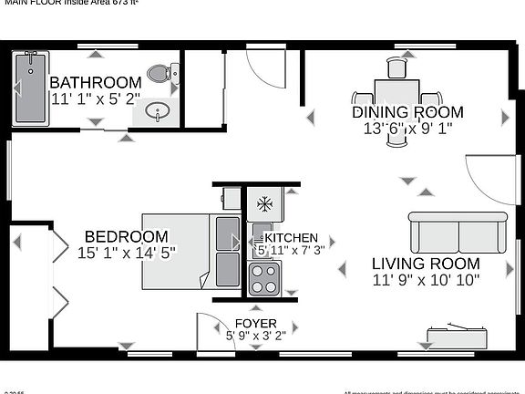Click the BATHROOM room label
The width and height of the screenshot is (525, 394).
click(x=96, y=82)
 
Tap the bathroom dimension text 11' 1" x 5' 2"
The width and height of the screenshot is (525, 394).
click(x=96, y=98)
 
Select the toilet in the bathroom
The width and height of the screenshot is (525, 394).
click(x=161, y=72)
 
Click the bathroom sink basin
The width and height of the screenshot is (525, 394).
click(x=158, y=113)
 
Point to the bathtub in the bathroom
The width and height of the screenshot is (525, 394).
click(x=30, y=88)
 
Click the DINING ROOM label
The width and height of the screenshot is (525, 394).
click(x=408, y=113)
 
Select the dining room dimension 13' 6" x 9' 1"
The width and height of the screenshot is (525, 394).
click(x=408, y=130)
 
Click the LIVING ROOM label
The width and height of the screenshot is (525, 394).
click(x=426, y=264)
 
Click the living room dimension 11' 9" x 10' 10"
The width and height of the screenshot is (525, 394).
click(x=426, y=280)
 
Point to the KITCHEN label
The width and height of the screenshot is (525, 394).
click(x=291, y=237)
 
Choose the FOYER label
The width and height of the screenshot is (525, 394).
click(x=256, y=324)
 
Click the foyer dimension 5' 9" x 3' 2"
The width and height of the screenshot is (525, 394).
click(x=256, y=336)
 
